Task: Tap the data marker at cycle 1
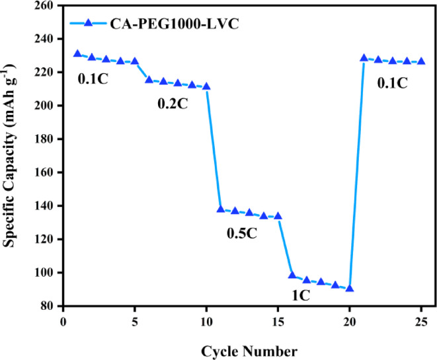click(77, 54)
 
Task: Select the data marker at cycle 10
click(206, 87)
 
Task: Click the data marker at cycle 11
click(221, 209)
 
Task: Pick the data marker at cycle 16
click(292, 275)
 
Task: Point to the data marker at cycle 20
click(350, 289)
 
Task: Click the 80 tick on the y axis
click(48, 306)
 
